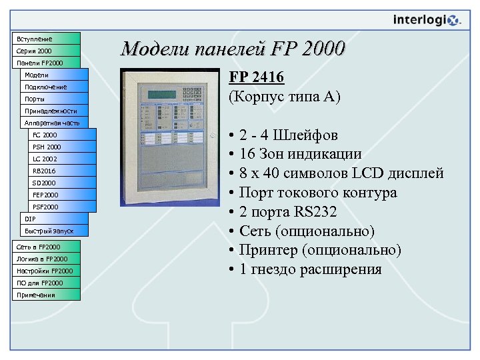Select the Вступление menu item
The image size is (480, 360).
coord(47,39)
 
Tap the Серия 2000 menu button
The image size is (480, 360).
coord(47,51)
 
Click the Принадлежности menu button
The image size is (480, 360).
coord(55,111)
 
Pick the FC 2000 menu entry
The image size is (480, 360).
coord(63,135)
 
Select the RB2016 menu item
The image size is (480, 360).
coord(63,171)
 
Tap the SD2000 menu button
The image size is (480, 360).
coord(63,183)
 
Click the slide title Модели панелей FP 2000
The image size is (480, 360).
coord(233,49)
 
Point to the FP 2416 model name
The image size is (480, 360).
coord(257,77)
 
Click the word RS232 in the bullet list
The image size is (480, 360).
coord(313,212)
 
